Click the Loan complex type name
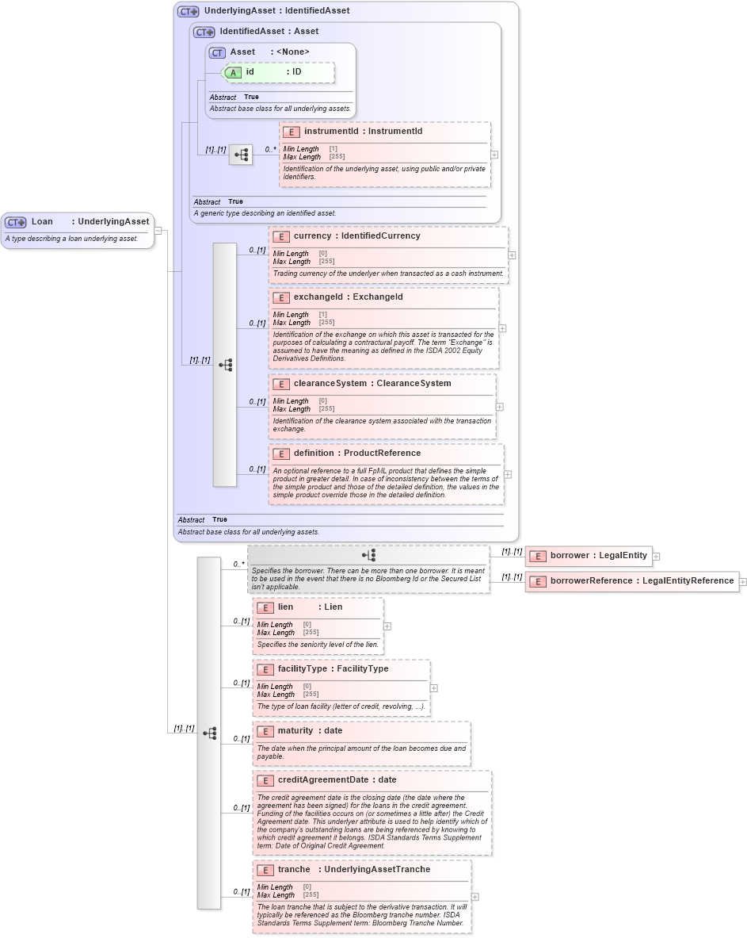tap(42, 222)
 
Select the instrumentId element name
tap(332, 132)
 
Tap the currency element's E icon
tap(280, 236)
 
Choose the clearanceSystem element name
tap(330, 384)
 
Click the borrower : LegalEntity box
tap(589, 556)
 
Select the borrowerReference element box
tap(631, 581)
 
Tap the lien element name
tap(285, 607)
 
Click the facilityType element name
tap(302, 669)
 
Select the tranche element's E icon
tap(265, 870)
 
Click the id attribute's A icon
tap(234, 72)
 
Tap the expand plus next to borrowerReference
tap(743, 581)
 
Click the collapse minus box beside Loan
tap(158, 231)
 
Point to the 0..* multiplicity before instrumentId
tap(270, 149)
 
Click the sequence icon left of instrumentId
tap(241, 155)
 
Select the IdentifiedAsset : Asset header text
tap(269, 32)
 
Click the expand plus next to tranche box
tap(474, 897)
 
